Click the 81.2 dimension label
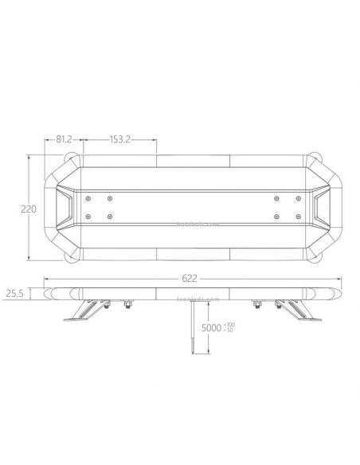point(65,139)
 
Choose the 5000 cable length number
point(211,326)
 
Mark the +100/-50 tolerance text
point(231,326)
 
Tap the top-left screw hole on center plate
point(87,197)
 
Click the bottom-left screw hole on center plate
point(87,217)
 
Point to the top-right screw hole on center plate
point(295,197)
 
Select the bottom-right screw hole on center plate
point(295,217)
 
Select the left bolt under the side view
point(125,305)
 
